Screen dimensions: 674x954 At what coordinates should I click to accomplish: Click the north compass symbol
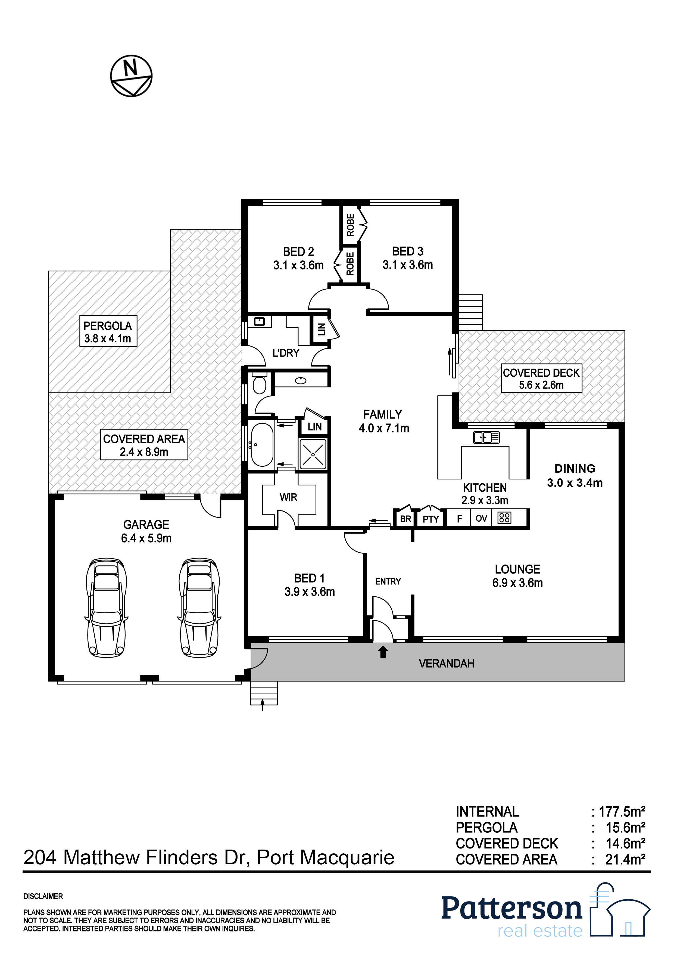(131, 76)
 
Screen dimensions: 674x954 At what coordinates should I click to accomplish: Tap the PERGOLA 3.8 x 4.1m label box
(108, 331)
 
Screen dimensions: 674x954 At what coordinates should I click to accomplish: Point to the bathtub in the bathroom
(262, 445)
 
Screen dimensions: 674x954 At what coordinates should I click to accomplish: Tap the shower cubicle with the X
(313, 453)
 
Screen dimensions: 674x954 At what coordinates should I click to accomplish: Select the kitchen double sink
(486, 438)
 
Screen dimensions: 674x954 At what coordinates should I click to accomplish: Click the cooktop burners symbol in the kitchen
(505, 518)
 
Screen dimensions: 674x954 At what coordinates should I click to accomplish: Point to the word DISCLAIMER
(43, 897)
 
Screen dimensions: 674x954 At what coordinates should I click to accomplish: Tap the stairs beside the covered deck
(470, 312)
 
